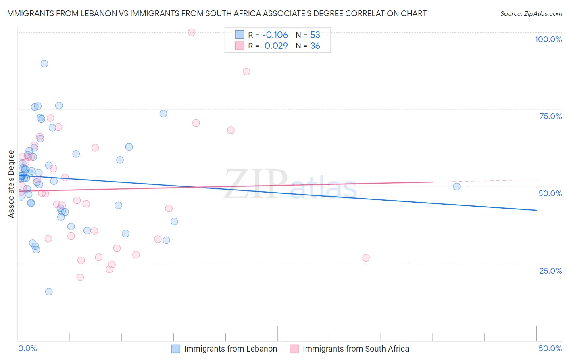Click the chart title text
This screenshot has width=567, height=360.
[215, 13]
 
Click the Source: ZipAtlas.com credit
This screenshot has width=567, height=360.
[531, 14]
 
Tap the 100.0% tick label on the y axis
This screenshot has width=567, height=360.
[548, 39]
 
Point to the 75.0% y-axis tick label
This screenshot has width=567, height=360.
[550, 116]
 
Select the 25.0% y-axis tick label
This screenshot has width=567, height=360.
[550, 271]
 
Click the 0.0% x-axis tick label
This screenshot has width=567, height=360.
[27, 348]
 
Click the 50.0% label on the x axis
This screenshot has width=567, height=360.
[550, 348]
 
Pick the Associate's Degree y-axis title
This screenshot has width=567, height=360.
[11, 184]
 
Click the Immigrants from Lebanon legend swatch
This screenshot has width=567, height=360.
[176, 349]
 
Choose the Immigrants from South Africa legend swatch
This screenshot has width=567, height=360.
[294, 349]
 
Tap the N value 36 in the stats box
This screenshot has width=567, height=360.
[315, 46]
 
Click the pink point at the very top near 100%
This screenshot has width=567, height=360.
[192, 32]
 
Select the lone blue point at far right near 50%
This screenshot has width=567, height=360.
[457, 186]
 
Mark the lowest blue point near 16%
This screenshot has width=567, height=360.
[49, 291]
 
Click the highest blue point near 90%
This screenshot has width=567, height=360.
[44, 63]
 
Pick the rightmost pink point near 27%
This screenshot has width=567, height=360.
[366, 258]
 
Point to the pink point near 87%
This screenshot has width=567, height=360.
[246, 71]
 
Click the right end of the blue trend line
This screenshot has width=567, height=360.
[536, 210]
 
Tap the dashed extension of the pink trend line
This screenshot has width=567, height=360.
[484, 181]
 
